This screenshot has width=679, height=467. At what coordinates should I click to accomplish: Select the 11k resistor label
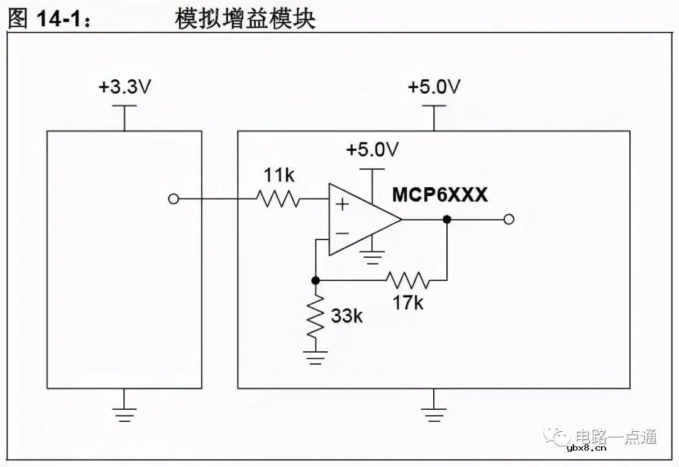click(279, 175)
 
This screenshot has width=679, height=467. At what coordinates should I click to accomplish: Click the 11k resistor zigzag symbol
click(277, 200)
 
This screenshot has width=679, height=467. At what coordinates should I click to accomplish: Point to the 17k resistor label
click(408, 302)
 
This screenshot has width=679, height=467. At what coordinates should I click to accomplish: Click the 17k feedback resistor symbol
click(407, 280)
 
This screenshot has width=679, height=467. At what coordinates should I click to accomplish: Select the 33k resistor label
click(347, 316)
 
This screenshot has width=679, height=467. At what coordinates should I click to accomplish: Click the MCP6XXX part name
click(440, 195)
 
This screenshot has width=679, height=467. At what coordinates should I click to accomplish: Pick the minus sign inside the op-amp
click(341, 234)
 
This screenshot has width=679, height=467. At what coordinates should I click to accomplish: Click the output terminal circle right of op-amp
click(509, 219)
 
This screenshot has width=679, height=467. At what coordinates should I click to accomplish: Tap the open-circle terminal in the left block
click(174, 200)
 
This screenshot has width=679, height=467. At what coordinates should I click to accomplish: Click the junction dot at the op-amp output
click(447, 219)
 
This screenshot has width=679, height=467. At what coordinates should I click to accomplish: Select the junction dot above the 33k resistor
click(316, 280)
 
